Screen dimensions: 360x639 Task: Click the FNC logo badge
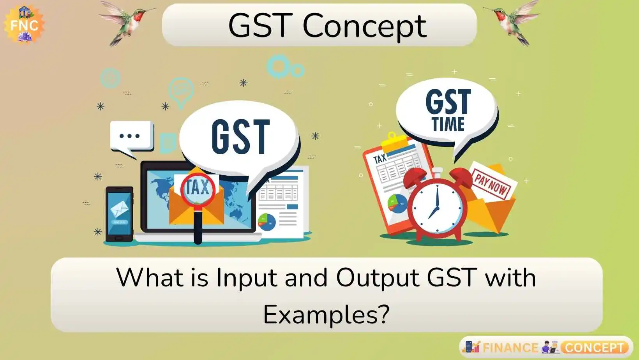(x=24, y=24)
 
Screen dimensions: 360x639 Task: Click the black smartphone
(x=119, y=214)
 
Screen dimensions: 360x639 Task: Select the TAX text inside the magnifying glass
(x=198, y=187)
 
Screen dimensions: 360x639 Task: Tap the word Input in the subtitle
(x=247, y=278)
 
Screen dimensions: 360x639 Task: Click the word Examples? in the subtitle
(x=326, y=315)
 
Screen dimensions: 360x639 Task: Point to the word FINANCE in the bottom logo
(x=510, y=348)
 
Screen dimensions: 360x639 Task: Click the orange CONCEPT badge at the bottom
(x=594, y=348)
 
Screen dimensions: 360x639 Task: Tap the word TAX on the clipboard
(x=380, y=158)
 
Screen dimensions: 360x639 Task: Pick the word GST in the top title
(x=260, y=26)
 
